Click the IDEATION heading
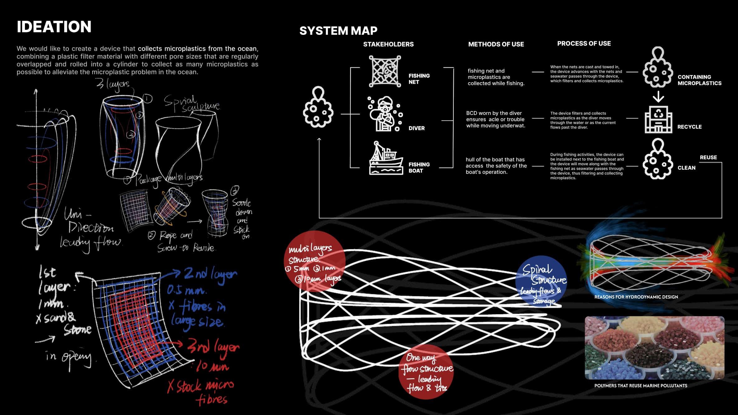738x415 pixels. coord(54,27)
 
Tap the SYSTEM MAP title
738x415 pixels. coord(338,31)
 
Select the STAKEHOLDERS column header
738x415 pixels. coord(388,44)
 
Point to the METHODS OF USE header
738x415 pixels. coord(496,44)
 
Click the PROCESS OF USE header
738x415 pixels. coord(584,44)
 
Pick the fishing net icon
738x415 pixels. coord(385,71)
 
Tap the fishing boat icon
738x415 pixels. coord(386,158)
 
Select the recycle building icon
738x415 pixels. coord(658,119)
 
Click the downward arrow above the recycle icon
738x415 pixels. coord(658,97)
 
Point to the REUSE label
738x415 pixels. coord(708,158)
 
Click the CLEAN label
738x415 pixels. coord(686,168)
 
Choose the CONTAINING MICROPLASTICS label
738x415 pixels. coord(699,80)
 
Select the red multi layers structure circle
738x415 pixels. coord(315,261)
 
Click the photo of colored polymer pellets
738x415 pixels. coord(655,348)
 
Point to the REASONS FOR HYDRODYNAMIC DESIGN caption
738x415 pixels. coord(636,297)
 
